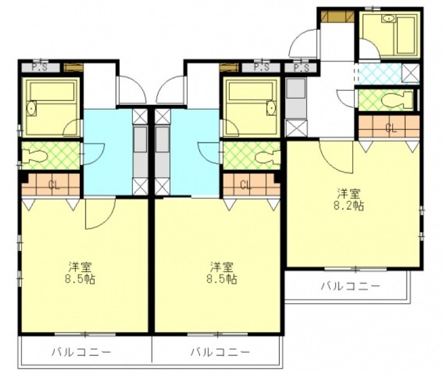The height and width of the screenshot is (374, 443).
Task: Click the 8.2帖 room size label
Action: [349, 206]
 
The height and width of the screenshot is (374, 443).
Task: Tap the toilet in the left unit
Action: [34, 156]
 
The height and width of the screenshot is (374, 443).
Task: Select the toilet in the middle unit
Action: [267, 156]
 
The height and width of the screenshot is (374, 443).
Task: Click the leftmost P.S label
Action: [39, 68]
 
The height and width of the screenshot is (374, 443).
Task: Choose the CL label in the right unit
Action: [391, 128]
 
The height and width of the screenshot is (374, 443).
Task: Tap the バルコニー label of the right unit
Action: [350, 286]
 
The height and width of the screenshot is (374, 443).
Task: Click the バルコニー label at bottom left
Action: [81, 352]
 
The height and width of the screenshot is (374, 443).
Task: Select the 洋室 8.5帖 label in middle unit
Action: [222, 273]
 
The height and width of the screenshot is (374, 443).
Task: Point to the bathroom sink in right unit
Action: [389, 18]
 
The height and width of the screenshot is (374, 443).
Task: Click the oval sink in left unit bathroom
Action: [32, 108]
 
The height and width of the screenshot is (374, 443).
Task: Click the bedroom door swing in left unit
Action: [100, 213]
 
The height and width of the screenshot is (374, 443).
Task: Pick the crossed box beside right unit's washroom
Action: [410, 73]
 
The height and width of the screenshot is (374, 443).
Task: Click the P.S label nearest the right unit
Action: [301, 68]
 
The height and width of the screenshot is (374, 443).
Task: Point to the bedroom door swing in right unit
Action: [336, 156]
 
